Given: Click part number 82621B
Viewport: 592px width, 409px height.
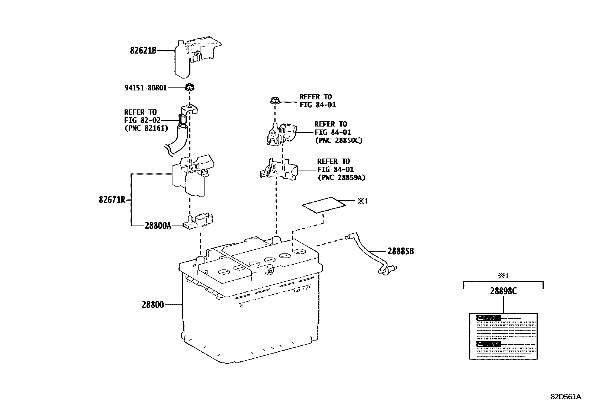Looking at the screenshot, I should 143,51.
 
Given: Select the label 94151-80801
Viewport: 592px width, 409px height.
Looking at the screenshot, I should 145,88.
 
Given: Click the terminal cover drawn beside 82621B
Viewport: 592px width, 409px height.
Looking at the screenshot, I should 195,58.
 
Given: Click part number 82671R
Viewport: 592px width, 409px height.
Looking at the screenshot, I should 112,200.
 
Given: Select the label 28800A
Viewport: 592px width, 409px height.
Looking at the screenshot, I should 158,226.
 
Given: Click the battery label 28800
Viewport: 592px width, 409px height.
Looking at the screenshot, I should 152,305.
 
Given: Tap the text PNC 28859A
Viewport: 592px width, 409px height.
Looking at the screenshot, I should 341,178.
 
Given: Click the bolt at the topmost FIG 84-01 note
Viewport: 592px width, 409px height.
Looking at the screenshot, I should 274,100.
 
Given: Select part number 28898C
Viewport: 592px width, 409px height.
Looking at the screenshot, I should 503,291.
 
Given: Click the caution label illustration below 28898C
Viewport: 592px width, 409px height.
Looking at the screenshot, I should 503,336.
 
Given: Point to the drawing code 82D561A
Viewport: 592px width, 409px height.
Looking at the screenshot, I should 566,397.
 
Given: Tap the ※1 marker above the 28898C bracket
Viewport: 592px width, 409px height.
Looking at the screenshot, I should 503,276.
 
